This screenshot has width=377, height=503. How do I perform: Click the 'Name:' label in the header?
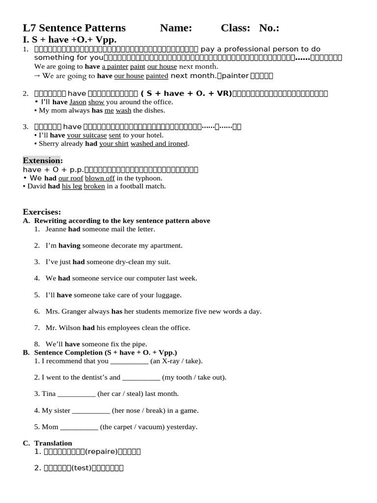pyautogui.click(x=176, y=28)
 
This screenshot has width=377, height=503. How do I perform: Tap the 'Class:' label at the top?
pyautogui.click(x=236, y=28)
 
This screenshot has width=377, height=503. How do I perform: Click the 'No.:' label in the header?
pyautogui.click(x=269, y=28)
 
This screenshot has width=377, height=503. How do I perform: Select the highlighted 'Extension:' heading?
pyautogui.click(x=43, y=161)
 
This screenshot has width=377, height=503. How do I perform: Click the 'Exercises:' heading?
pyautogui.click(x=42, y=212)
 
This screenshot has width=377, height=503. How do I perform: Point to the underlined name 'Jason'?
pyautogui.click(x=78, y=102)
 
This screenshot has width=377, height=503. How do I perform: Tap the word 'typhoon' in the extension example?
pyautogui.click(x=150, y=178)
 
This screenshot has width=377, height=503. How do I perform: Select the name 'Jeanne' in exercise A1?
pyautogui.click(x=56, y=229)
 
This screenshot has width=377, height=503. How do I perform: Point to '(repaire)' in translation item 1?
pyautogui.click(x=103, y=452)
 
